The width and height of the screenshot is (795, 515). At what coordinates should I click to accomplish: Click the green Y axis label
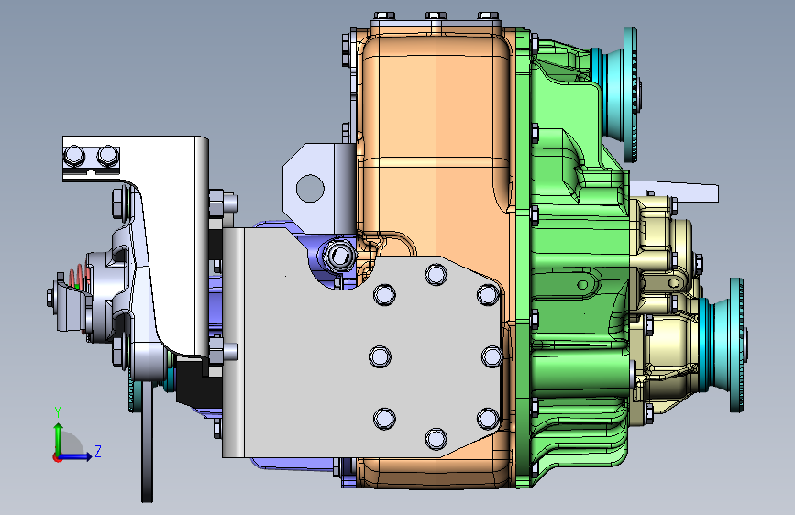(58, 412)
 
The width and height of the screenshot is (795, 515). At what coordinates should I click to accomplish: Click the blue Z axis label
(98, 451)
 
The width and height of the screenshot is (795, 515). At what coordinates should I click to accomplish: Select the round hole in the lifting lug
(310, 188)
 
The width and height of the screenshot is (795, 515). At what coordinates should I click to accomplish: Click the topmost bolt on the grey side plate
(436, 274)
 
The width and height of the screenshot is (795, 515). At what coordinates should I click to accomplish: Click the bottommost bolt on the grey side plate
(436, 439)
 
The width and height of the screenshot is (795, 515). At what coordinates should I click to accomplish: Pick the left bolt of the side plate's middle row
(380, 356)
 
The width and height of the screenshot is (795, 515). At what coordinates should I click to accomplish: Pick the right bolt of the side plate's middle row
(491, 356)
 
